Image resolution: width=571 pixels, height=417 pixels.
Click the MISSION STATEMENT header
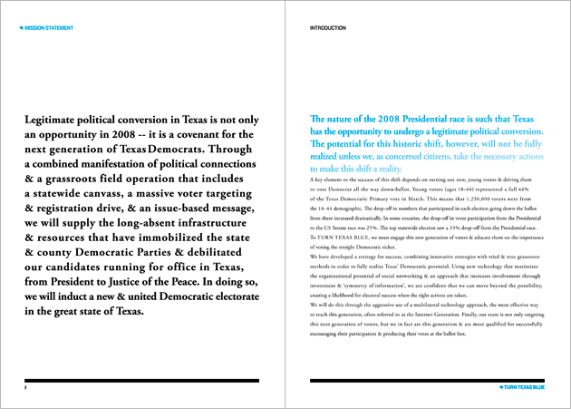pyautogui.click(x=50, y=28)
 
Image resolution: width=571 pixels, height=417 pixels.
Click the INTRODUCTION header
pyautogui.click(x=328, y=28)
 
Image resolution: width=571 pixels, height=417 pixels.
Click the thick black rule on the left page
pyautogui.click(x=142, y=380)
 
